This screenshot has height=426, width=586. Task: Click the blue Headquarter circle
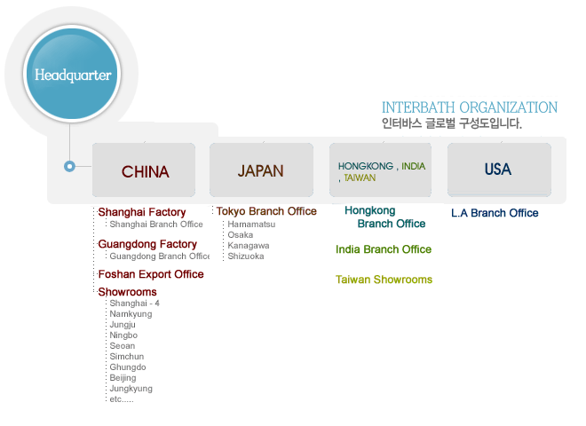tap(72, 74)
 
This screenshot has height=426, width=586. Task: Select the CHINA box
tap(144, 170)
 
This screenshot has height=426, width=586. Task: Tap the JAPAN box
tap(261, 170)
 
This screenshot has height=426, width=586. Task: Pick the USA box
tap(499, 170)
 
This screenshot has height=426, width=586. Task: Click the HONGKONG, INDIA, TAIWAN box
tap(380, 170)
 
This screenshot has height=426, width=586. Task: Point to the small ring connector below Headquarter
tap(69, 166)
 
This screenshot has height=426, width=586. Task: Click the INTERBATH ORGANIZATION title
tap(470, 107)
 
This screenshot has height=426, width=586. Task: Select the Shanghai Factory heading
tap(142, 212)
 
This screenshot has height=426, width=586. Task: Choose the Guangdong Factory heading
tap(147, 244)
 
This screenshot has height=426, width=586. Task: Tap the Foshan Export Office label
tap(151, 274)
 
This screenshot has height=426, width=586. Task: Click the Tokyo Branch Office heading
tap(266, 211)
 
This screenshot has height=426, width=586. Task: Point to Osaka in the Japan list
tap(241, 235)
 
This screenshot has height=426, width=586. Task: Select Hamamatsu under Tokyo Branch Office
tap(251, 225)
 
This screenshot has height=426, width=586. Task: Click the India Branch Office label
tap(384, 249)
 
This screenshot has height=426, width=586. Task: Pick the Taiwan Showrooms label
tap(384, 280)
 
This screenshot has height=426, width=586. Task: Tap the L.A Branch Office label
tap(495, 213)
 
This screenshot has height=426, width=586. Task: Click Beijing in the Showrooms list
tap(123, 378)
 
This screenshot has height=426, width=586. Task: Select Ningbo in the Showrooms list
tap(123, 335)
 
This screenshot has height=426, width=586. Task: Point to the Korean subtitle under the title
tap(451, 123)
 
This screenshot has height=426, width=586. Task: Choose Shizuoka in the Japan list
tap(246, 256)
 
